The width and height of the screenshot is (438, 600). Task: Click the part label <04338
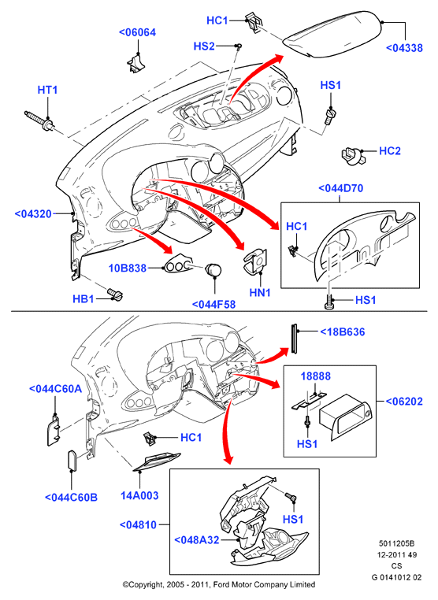pyautogui.click(x=404, y=48)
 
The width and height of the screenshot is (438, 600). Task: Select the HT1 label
pyautogui.click(x=47, y=90)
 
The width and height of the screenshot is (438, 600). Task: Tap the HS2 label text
pyautogui.click(x=204, y=46)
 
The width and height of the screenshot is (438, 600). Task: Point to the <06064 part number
pyautogui.click(x=137, y=32)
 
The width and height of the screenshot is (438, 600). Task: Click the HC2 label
pyautogui.click(x=390, y=150)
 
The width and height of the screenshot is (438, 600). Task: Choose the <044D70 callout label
pyautogui.click(x=341, y=188)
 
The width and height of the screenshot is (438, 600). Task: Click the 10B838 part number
pyautogui.click(x=128, y=268)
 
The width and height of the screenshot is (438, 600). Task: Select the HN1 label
pyautogui.click(x=260, y=293)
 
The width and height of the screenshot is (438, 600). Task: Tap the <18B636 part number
pyautogui.click(x=343, y=331)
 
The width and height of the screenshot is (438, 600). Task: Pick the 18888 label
pyautogui.click(x=315, y=376)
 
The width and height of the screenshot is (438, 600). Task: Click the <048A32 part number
pyautogui.click(x=197, y=540)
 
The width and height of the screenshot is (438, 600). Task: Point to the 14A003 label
pyautogui.click(x=139, y=495)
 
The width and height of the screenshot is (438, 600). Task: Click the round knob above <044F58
pyautogui.click(x=213, y=269)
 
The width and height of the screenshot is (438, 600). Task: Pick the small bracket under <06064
pyautogui.click(x=135, y=63)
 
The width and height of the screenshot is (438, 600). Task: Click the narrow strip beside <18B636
pyautogui.click(x=295, y=339)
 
